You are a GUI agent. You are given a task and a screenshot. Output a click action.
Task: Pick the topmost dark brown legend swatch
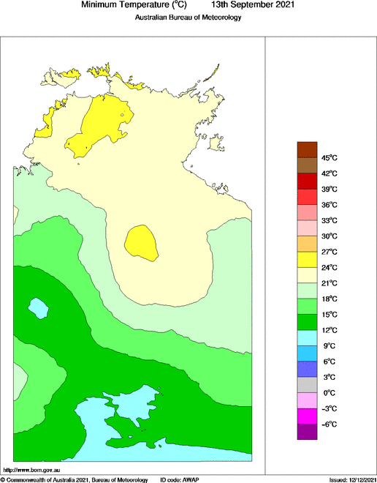[x=307, y=149]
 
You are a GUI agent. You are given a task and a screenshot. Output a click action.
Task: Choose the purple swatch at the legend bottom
[x=307, y=432]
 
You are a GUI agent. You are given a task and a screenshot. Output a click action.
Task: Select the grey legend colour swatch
[x=307, y=385]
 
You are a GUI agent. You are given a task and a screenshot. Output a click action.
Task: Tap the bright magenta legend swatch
[x=307, y=416]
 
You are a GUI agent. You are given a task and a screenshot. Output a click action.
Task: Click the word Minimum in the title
[x=102, y=5]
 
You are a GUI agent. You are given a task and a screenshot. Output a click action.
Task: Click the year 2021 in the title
[x=282, y=5]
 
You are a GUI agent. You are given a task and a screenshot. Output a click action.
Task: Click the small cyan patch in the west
[x=37, y=307]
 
